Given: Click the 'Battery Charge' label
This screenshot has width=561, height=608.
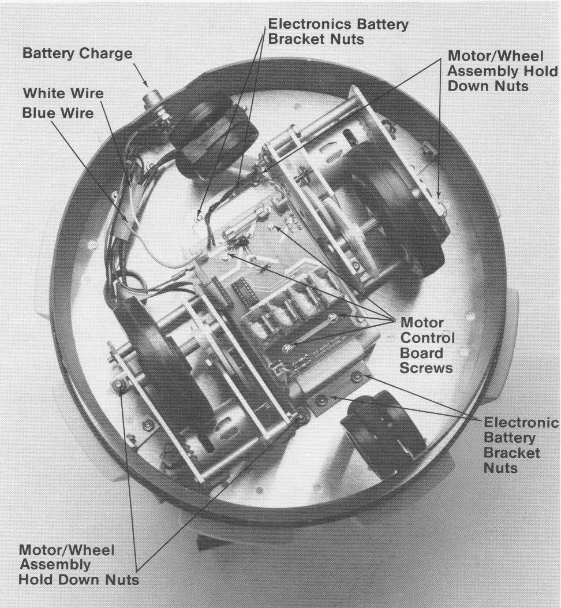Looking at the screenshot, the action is (77, 53).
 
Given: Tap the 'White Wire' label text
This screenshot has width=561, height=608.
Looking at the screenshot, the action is (63, 93).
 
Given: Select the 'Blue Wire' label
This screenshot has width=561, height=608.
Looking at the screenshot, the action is (58, 113).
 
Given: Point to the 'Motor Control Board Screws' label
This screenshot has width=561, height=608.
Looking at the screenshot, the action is (427, 345).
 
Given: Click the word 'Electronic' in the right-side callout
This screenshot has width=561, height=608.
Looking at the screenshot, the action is (521, 422).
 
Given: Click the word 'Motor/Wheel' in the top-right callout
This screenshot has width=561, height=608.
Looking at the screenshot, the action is (495, 56).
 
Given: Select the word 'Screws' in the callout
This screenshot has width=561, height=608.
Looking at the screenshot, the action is (426, 368).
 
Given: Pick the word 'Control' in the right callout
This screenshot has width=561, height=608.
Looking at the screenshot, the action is (427, 338).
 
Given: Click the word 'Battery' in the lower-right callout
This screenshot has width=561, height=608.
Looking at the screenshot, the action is (510, 438).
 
